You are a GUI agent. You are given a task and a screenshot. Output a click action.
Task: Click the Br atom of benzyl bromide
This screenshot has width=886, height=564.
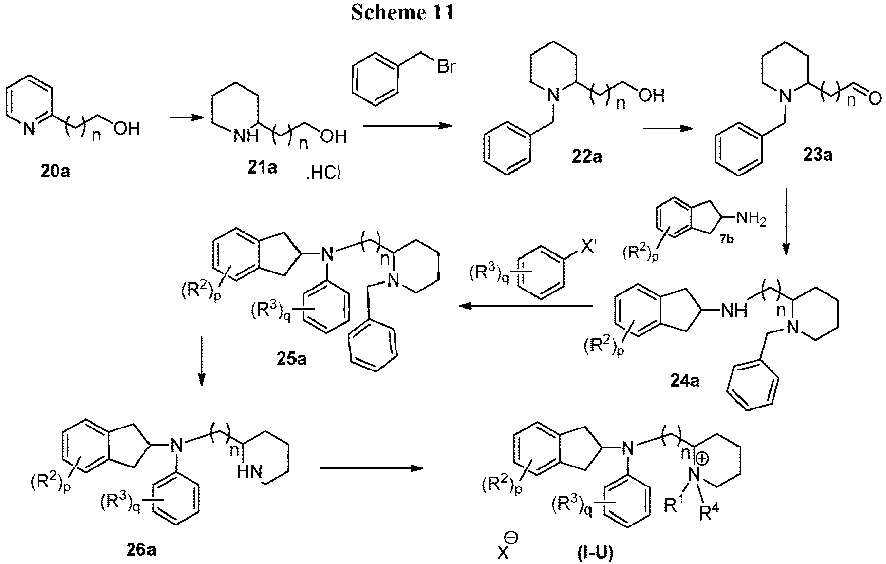(x=445, y=66)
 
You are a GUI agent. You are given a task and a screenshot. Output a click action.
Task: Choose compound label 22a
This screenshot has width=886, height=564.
(x=586, y=156)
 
